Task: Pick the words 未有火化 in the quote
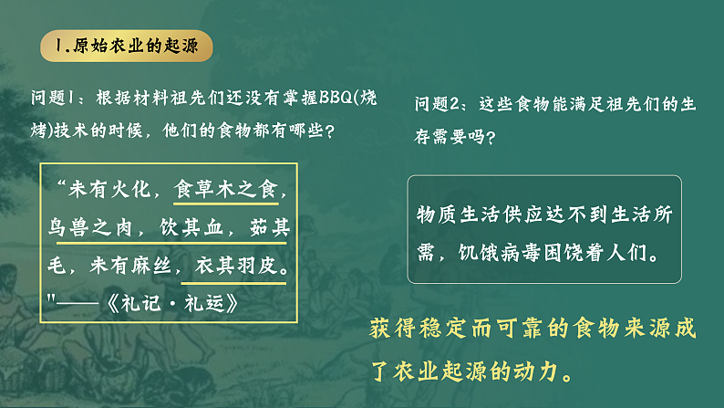(113, 192)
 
